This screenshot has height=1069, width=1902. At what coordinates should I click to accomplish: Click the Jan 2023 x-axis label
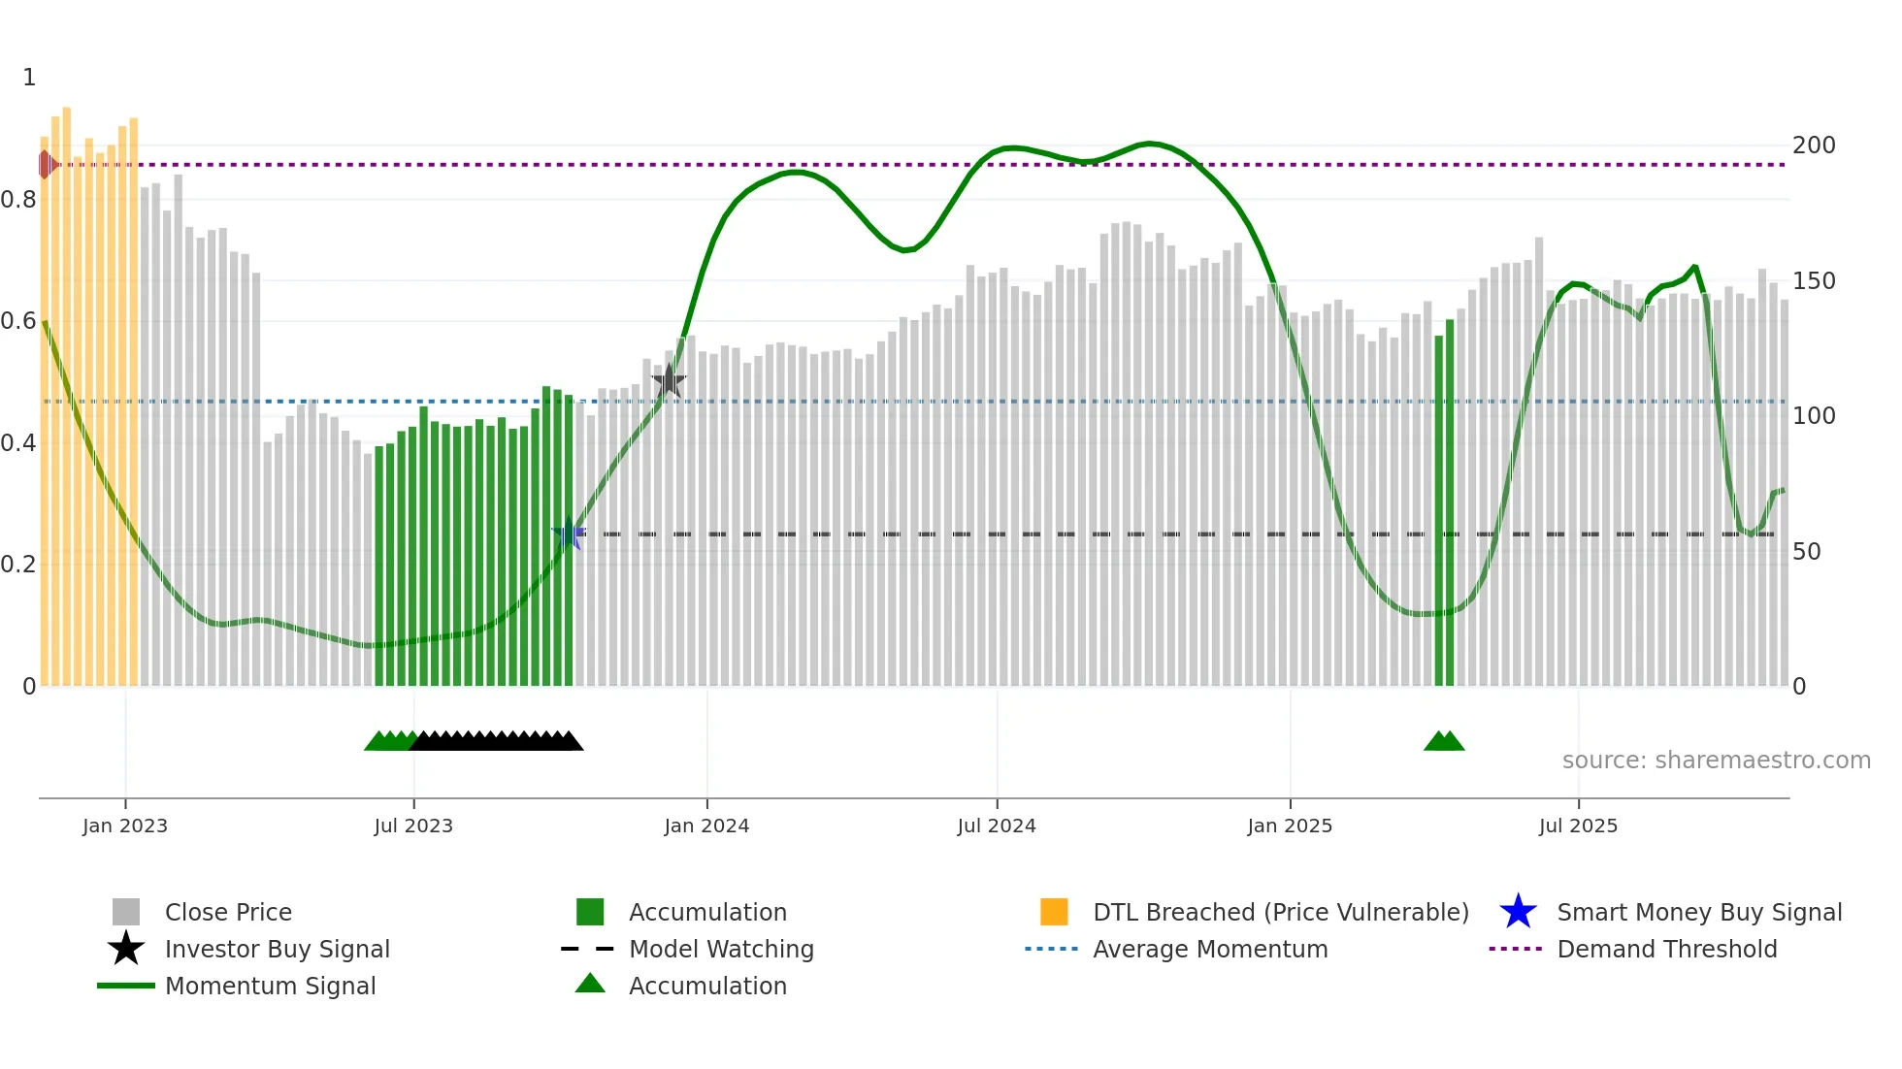pyautogui.click(x=125, y=826)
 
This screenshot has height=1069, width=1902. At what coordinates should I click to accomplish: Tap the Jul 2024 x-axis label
pyautogui.click(x=997, y=826)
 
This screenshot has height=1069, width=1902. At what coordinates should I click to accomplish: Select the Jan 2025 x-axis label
pyautogui.click(x=1290, y=826)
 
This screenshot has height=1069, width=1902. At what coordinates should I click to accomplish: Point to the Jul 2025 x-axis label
pyautogui.click(x=1578, y=826)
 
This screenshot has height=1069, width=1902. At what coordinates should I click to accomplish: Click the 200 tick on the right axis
pyautogui.click(x=1814, y=146)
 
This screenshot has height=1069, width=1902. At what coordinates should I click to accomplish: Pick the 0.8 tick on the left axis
pyautogui.click(x=18, y=200)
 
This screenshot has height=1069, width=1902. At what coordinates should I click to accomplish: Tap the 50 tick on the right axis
pyautogui.click(x=1806, y=552)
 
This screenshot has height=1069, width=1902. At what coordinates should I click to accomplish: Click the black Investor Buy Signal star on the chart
pyautogui.click(x=669, y=381)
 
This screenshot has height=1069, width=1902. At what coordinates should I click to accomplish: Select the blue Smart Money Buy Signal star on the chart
pyautogui.click(x=569, y=534)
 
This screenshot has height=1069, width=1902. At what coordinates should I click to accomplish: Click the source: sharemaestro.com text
pyautogui.click(x=1716, y=761)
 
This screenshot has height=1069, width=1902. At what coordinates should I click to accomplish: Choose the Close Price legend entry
pyautogui.click(x=228, y=912)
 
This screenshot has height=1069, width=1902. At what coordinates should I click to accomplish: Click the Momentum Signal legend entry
pyautogui.click(x=270, y=986)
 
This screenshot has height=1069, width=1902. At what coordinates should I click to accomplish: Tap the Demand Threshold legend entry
pyautogui.click(x=1666, y=949)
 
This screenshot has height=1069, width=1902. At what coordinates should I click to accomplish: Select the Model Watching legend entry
pyautogui.click(x=721, y=949)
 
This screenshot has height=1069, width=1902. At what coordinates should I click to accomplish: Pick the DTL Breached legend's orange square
pyautogui.click(x=1054, y=912)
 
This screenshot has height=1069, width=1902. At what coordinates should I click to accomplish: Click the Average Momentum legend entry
pyautogui.click(x=1210, y=949)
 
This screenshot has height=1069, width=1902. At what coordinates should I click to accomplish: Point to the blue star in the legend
pyautogui.click(x=1518, y=912)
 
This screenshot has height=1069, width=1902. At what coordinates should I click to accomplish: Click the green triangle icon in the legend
pyautogui.click(x=590, y=985)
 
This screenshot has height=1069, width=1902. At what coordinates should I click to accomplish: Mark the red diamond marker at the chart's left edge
pyautogui.click(x=46, y=165)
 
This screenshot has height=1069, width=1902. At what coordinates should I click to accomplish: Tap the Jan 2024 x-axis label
pyautogui.click(x=706, y=826)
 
